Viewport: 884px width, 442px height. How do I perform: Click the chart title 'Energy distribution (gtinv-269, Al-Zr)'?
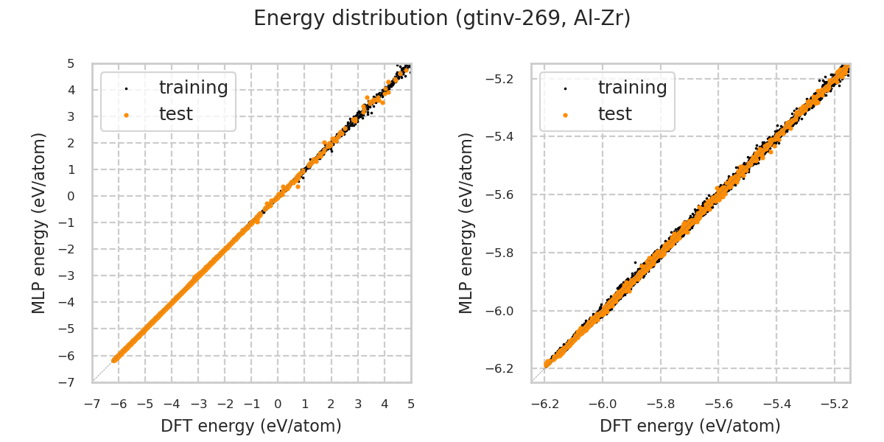pyautogui.click(x=442, y=18)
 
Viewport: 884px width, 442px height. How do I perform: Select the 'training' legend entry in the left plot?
pyautogui.click(x=193, y=88)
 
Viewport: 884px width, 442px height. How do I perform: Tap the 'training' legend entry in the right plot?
pyautogui.click(x=632, y=88)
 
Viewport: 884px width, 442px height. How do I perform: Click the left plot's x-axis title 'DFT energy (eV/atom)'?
pyautogui.click(x=251, y=426)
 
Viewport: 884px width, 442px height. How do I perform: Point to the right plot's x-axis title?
pyautogui.click(x=690, y=426)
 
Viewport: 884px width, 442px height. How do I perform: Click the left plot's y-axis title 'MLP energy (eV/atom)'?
pyautogui.click(x=40, y=222)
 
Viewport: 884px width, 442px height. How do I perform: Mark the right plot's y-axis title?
pyautogui.click(x=466, y=222)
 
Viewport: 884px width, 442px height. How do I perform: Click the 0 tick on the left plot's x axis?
pyautogui.click(x=278, y=404)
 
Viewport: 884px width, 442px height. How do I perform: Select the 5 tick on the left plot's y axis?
pyautogui.click(x=71, y=63)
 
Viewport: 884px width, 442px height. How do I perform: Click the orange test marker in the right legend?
pyautogui.click(x=565, y=115)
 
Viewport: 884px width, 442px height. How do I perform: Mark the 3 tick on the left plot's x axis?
pyautogui.click(x=358, y=404)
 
